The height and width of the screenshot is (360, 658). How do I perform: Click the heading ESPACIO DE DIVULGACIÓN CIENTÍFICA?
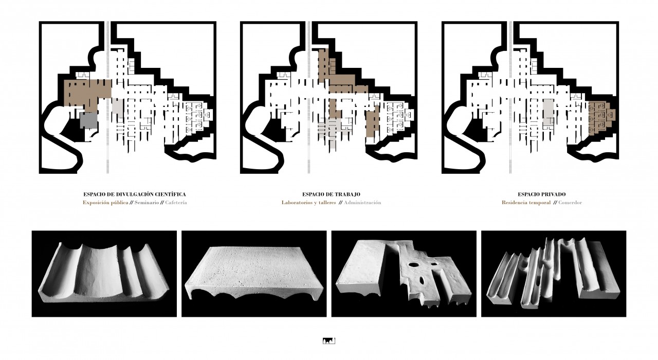pyautogui.click(x=135, y=194)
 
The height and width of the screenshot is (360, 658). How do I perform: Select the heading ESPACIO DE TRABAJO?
pyautogui.click(x=331, y=194)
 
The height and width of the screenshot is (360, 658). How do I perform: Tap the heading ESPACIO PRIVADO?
pyautogui.click(x=542, y=194)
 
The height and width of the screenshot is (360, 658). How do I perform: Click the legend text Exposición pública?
pyautogui.click(x=105, y=203)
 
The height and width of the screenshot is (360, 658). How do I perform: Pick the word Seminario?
pyautogui.click(x=147, y=203)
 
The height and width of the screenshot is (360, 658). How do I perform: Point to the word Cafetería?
pyautogui.click(x=176, y=203)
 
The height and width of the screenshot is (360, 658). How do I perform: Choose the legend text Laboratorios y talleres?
pyautogui.click(x=309, y=203)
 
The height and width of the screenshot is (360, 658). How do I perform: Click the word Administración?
pyautogui.click(x=362, y=203)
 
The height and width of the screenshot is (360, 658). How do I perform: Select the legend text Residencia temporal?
pyautogui.click(x=526, y=203)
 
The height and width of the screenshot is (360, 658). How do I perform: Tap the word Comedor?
pyautogui.click(x=570, y=203)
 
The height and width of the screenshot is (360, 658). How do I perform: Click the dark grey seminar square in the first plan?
pyautogui.click(x=88, y=120)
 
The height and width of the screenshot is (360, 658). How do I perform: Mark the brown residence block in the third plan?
pyautogui.click(x=600, y=118)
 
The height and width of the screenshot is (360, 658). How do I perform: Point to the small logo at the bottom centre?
pyautogui.click(x=329, y=341)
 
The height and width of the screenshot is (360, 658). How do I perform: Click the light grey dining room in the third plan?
pyautogui.click(x=548, y=114)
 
